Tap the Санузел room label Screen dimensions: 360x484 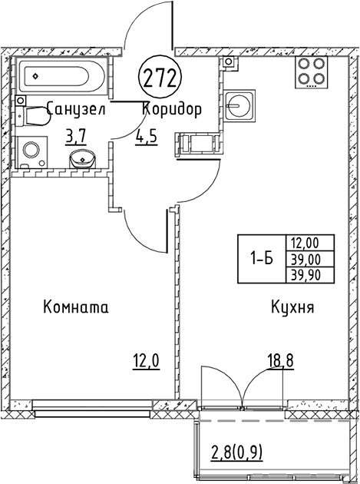click(x=76, y=109)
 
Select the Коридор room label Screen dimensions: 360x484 click(x=172, y=110)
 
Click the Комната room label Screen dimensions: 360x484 click(x=76, y=307)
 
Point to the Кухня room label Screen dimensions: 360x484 click(x=292, y=307)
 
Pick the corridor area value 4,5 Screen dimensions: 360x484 click(x=146, y=137)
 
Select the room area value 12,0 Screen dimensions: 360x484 click(x=146, y=360)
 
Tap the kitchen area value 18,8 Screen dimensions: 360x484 click(x=280, y=360)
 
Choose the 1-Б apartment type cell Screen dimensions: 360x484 click(x=262, y=260)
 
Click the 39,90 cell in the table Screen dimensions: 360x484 click(x=310, y=275)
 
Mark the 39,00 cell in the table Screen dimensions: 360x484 click(x=310, y=260)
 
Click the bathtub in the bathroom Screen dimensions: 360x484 click(x=61, y=74)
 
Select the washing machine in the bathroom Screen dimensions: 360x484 click(x=31, y=152)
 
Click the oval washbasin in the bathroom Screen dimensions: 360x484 click(x=83, y=159)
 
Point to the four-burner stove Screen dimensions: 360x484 click(x=312, y=72)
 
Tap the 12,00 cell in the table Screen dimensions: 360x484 click(x=310, y=244)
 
